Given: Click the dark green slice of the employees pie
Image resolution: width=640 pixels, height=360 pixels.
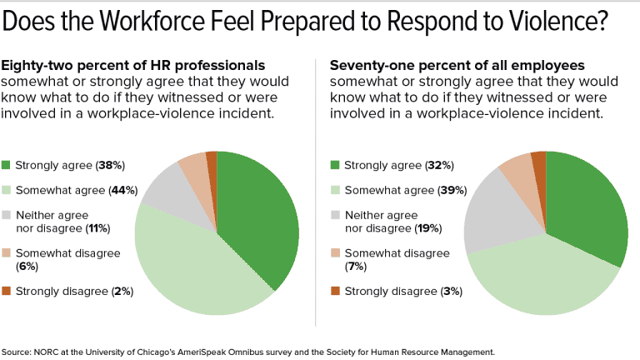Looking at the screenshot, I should (587, 208).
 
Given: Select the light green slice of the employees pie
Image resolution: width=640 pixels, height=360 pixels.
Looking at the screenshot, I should (533, 279).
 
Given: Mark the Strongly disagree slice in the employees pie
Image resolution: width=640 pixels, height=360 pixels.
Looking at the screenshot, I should (539, 162).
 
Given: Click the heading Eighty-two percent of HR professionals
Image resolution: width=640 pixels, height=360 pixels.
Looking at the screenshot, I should (133, 65).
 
